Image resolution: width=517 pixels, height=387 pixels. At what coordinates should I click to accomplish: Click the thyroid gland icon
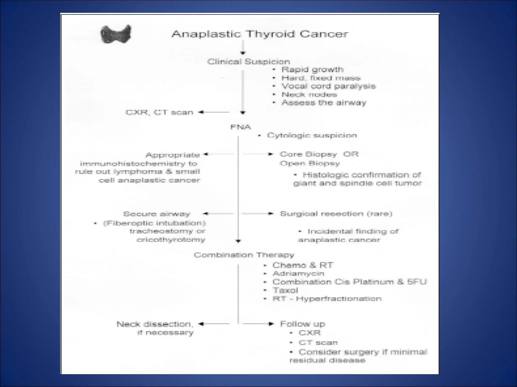116,34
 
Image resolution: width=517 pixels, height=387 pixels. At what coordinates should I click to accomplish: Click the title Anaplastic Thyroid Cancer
260,34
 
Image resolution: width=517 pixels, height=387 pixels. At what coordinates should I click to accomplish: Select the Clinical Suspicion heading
249,62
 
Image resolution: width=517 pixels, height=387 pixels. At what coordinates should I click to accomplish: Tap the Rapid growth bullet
312,70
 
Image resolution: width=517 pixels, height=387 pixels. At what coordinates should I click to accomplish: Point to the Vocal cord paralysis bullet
328,86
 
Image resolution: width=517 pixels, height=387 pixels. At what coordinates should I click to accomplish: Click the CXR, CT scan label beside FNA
160,112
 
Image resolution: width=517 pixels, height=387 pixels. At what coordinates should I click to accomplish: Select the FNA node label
241,127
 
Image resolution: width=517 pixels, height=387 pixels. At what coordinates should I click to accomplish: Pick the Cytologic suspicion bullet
312,136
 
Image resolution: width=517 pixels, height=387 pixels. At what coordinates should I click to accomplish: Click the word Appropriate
173,155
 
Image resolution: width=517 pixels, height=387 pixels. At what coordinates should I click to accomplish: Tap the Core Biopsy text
308,154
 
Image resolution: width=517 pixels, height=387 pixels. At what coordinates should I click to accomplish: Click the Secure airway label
157,214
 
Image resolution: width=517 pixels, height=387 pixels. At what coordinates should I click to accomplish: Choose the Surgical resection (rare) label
336,214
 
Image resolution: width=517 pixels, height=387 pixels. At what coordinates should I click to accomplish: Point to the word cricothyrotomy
171,240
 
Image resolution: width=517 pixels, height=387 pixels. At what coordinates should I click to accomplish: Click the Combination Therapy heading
244,255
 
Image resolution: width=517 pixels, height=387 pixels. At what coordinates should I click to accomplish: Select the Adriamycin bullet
298,274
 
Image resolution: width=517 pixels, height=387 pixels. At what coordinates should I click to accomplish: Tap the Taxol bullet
285,290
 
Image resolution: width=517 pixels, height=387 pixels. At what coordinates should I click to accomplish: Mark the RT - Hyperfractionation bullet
327,299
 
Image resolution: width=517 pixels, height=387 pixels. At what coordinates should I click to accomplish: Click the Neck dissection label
155,324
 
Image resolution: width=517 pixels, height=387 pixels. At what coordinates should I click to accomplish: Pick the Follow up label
303,324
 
